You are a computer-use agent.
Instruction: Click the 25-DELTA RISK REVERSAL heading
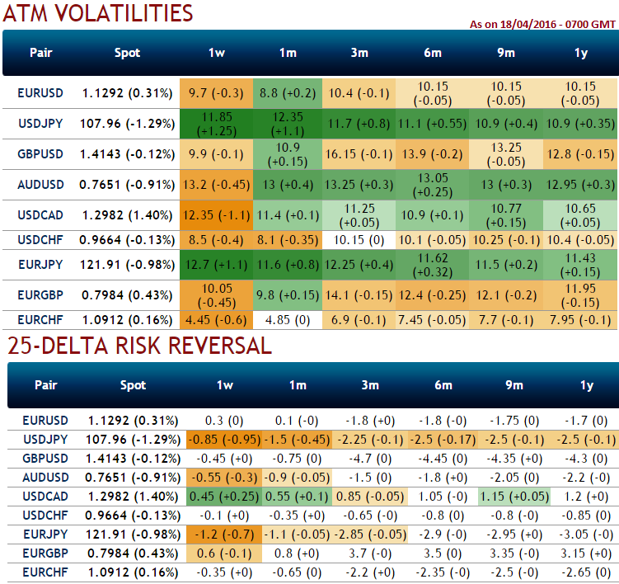coord(139,346)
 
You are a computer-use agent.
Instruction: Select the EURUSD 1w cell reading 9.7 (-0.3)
coord(216,93)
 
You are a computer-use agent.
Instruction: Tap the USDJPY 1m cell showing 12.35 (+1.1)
coord(288,124)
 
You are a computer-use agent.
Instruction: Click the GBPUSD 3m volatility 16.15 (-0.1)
coord(359,154)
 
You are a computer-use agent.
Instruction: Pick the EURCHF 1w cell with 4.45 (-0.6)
coord(216,319)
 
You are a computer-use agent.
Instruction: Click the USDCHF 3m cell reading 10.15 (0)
coord(359,240)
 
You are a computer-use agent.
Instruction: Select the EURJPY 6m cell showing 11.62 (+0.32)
coord(431,266)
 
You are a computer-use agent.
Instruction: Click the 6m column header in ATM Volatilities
coord(431,53)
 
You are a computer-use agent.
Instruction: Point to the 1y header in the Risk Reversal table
coord(587,384)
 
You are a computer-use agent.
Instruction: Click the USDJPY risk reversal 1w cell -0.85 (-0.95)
coord(224,439)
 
